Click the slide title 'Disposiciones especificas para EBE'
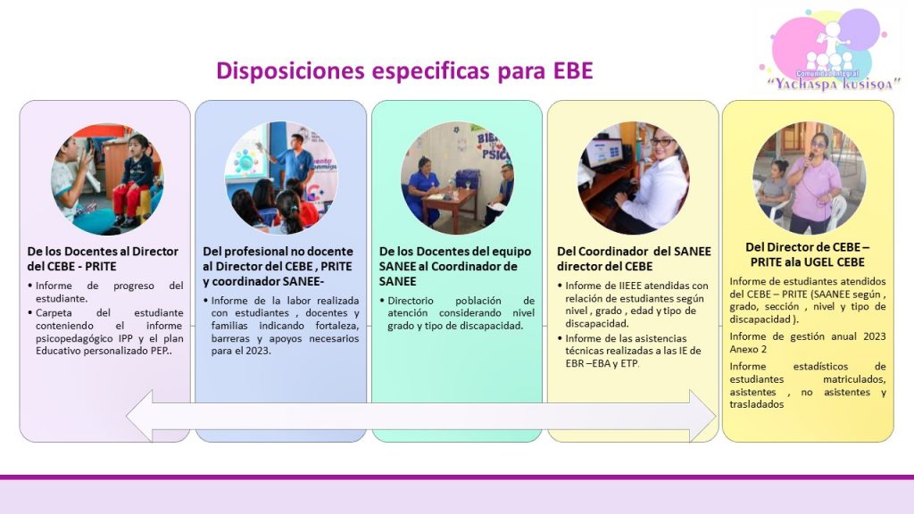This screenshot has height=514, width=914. [404, 70]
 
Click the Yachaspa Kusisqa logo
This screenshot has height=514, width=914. [830, 50]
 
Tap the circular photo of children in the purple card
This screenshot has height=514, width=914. [107, 178]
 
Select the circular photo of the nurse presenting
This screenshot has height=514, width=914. [281, 178]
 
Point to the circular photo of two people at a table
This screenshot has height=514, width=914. [457, 178]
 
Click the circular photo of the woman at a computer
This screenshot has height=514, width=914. [634, 178]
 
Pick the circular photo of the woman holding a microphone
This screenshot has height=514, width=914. [809, 178]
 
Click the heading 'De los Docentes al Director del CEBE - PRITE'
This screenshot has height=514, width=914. [103, 259]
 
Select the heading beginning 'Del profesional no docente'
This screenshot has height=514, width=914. [278, 266]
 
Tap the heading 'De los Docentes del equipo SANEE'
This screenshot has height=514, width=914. [455, 266]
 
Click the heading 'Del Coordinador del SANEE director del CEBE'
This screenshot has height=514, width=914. [634, 259]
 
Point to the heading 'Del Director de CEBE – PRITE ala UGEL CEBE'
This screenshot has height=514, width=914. [807, 254]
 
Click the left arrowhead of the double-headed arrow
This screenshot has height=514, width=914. [140, 416]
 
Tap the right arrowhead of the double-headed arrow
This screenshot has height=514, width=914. [702, 416]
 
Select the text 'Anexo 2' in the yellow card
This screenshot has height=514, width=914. [748, 349]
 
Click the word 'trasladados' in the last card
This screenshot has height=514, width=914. [757, 404]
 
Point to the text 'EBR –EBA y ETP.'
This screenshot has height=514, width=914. [602, 363]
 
